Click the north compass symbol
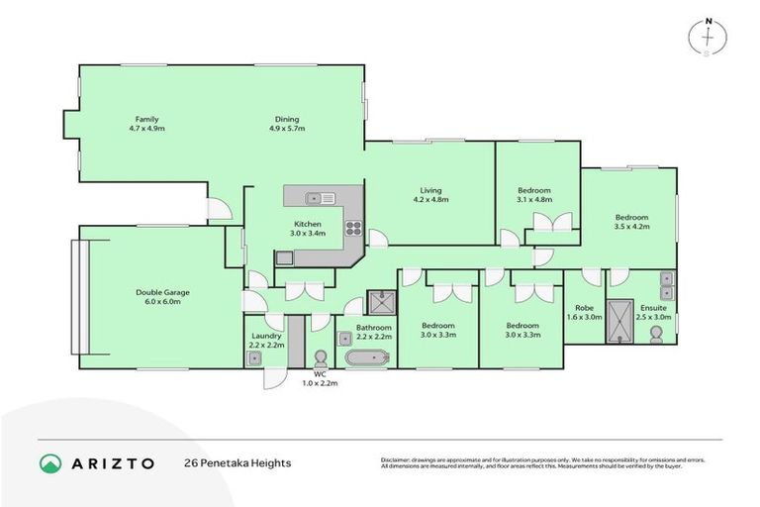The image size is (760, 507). [708, 36]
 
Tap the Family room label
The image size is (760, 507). [146, 119]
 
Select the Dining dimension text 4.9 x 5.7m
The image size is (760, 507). [288, 129]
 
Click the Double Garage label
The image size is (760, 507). [162, 293]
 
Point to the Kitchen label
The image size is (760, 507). [307, 224]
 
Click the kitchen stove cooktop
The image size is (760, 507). [351, 233]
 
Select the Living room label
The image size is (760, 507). [429, 190]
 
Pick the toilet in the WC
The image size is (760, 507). [320, 357]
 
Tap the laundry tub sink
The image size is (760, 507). [255, 358]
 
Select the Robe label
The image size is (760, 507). [584, 308]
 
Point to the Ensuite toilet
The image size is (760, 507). [655, 336]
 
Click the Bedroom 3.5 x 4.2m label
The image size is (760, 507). [631, 217]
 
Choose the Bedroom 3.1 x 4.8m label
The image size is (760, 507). [534, 190]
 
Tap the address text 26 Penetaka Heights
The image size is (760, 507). [237, 463]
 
